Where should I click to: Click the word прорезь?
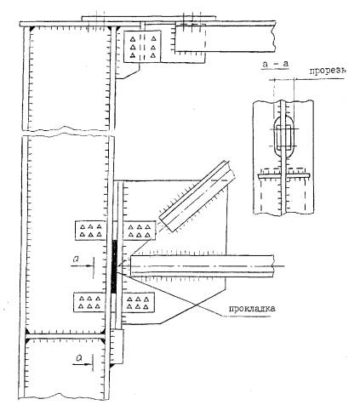pyautogui.click(x=327, y=71)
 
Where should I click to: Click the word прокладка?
pyautogui.click(x=252, y=308)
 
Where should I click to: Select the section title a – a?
pyautogui.click(x=276, y=64)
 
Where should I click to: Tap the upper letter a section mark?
pyautogui.click(x=76, y=258)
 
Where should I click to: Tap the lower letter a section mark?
pyautogui.click(x=79, y=358)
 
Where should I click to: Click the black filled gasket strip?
pyautogui.click(x=114, y=266)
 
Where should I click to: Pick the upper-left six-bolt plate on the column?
pyautogui.click(x=90, y=231)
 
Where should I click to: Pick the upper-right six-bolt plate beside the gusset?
pyautogui.click(x=140, y=231)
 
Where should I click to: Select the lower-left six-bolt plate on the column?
pyautogui.click(x=89, y=302)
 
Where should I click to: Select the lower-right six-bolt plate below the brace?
pyautogui.click(x=138, y=303)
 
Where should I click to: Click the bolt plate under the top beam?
pyautogui.click(x=142, y=46)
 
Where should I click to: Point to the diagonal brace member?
pyautogui.click(x=197, y=196)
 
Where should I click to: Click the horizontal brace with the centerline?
pyautogui.click(x=203, y=266)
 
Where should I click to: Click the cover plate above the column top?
pyautogui.click(x=149, y=18)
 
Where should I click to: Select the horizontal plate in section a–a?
pyautogui.click(x=283, y=176)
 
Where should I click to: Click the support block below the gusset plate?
pyautogui.click(x=117, y=346)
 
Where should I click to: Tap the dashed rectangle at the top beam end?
pyautogui.click(x=190, y=38)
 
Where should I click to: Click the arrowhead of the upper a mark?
pyautogui.click(x=90, y=265)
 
